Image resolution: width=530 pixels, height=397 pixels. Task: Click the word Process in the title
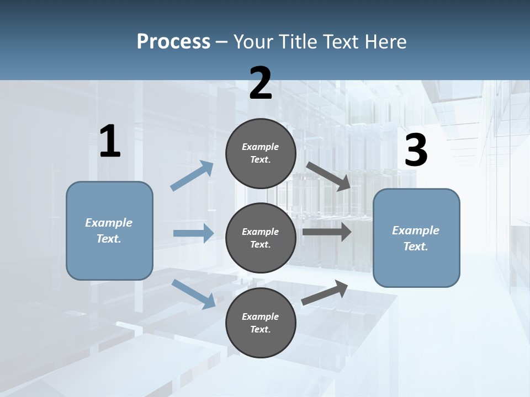coord(173,41)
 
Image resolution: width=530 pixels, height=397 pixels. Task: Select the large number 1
coord(110,142)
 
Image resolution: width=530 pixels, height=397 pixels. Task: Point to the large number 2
coord(261,83)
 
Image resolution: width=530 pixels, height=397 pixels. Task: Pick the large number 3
coord(416,151)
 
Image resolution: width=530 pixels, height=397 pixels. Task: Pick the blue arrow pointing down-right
coord(194,294)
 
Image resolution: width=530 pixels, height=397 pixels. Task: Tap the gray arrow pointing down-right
coord(328,176)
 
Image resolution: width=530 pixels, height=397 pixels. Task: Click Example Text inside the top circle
coord(261,153)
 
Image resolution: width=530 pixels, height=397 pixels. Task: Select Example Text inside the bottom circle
coord(261,323)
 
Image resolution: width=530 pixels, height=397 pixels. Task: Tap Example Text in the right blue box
coord(416,238)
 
